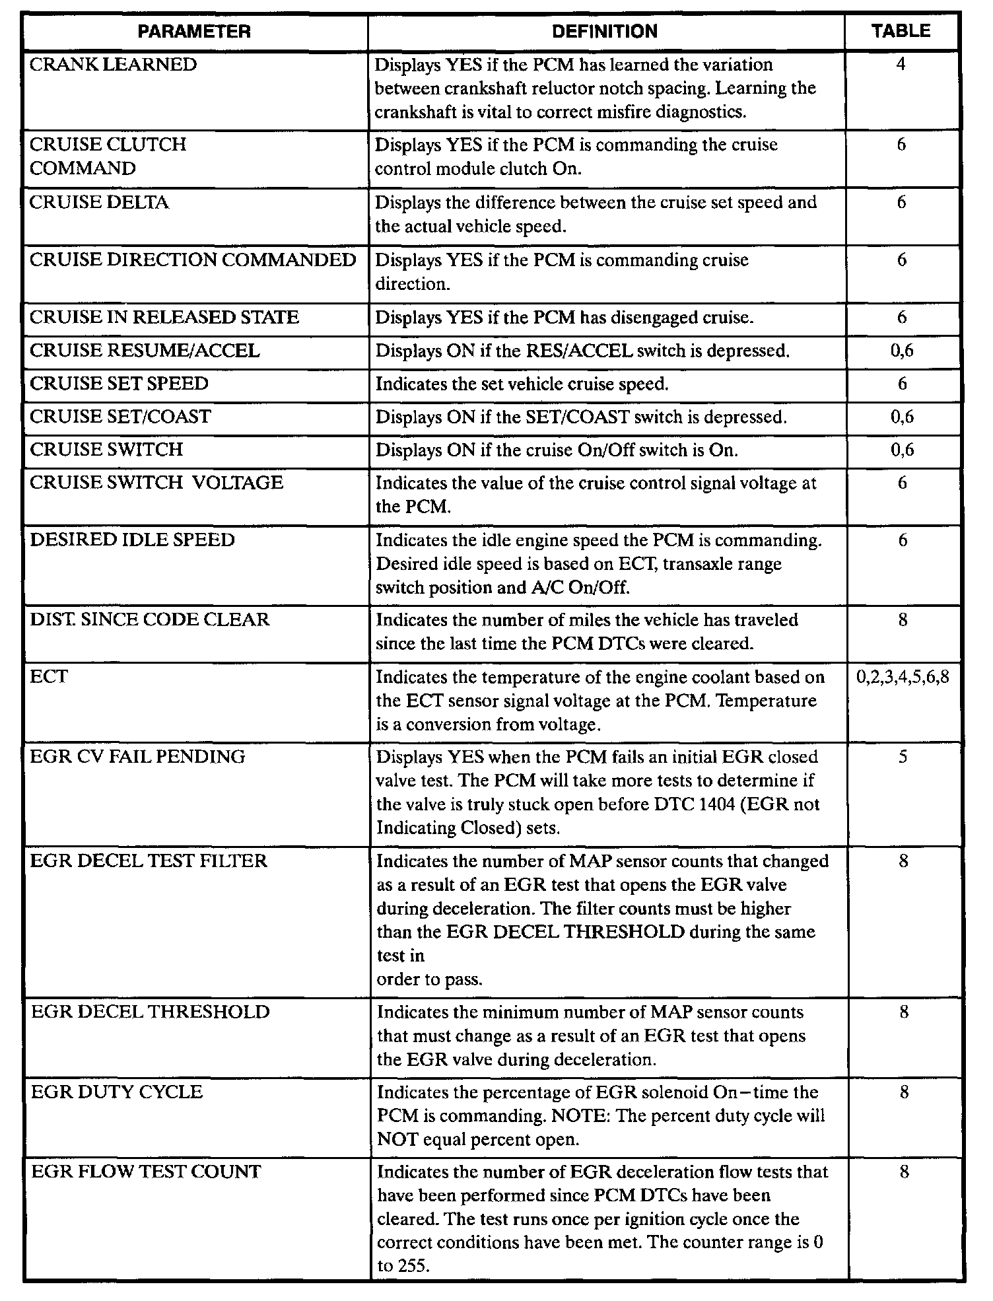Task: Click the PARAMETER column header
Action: click(x=195, y=32)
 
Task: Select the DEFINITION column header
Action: click(x=605, y=32)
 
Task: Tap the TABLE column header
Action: click(x=901, y=31)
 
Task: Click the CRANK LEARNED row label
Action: click(x=113, y=65)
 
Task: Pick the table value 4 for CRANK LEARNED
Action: click(x=901, y=65)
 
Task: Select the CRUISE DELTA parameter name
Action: click(x=99, y=202)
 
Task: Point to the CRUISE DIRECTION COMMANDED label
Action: click(x=193, y=260)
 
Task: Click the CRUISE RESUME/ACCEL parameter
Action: click(x=145, y=351)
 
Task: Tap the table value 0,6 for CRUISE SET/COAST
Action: click(x=902, y=417)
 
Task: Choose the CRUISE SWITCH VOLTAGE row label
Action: click(x=156, y=483)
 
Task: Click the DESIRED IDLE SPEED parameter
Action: click(x=132, y=540)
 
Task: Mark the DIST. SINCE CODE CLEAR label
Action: click(x=150, y=620)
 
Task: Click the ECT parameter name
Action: click(x=49, y=678)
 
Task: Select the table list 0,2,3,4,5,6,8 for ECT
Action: click(x=903, y=678)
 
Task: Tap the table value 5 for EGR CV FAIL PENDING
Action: click(x=903, y=757)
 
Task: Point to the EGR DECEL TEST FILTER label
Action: click(x=149, y=861)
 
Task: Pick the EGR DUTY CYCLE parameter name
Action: click(x=116, y=1092)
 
